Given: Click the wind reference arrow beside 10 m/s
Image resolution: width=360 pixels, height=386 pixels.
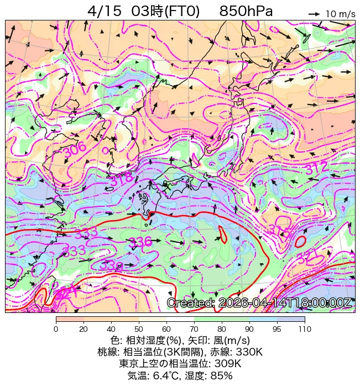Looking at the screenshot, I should (x=315, y=13).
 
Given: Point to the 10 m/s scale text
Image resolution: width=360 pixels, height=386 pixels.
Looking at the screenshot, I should (x=340, y=14).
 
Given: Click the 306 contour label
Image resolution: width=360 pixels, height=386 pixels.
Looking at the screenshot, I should (x=74, y=149).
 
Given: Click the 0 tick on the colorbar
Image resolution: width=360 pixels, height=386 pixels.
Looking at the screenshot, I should (x=56, y=329).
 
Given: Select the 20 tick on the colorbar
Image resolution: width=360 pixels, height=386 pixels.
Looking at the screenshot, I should (x=84, y=329).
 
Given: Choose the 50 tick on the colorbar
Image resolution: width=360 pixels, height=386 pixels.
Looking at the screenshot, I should (x=139, y=329).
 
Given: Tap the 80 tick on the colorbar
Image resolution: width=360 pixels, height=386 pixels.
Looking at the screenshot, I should (x=222, y=329).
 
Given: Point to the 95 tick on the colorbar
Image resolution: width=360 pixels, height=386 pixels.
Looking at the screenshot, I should (x=277, y=329).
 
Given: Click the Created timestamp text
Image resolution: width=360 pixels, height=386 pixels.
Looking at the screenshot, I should (x=259, y=303).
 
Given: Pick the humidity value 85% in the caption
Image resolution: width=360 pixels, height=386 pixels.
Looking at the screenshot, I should (x=220, y=375).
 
